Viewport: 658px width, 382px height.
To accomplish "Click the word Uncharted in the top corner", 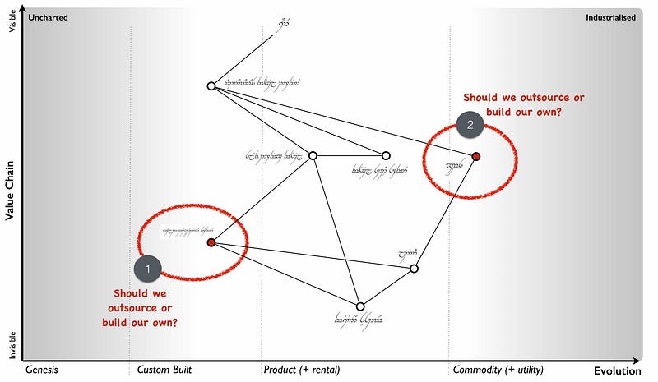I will coord(49,17).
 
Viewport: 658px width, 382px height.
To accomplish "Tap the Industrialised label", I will coord(610,17).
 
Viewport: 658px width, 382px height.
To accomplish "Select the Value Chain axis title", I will coord(11,190).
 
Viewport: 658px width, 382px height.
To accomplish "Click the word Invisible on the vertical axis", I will coord(12,345).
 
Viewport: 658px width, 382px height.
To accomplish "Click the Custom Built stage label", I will coord(164,370).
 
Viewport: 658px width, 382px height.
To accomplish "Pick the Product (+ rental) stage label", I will coord(302,370).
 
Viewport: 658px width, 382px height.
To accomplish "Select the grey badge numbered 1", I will coord(147,268).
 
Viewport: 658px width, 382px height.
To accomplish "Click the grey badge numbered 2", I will coord(470,125).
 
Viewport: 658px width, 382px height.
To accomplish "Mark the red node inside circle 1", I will coord(211,242).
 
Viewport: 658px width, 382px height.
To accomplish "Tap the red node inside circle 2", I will coord(475,156).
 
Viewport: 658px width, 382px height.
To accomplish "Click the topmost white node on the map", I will coord(211,85).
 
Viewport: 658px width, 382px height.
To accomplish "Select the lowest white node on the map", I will coord(359,306).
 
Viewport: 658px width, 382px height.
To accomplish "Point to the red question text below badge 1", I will coord(140,307).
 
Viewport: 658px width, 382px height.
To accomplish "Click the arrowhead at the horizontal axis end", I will coord(637,360).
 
